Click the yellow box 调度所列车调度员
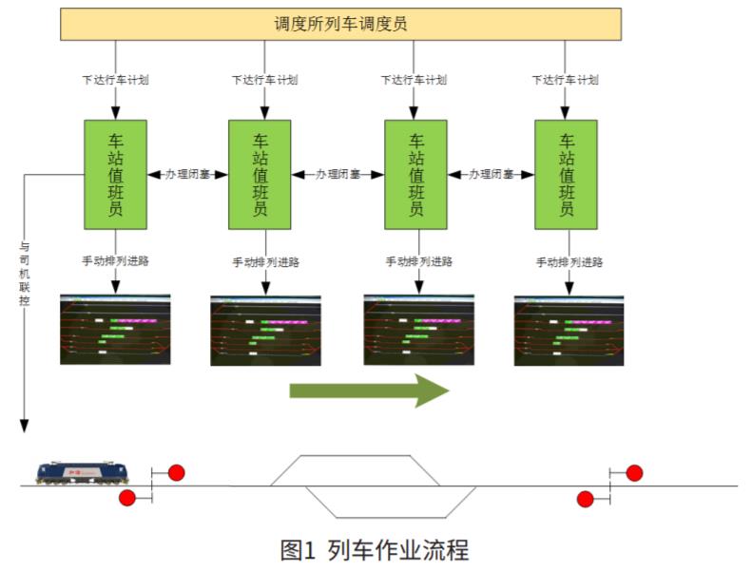(340, 24)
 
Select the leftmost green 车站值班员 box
(116, 174)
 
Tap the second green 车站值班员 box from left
(260, 174)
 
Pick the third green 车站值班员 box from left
(415, 174)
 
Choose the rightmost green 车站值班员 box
(566, 174)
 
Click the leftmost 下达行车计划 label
(116, 80)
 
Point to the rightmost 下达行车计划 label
(566, 80)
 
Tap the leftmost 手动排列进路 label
(116, 261)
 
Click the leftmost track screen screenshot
(116, 329)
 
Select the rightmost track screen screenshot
(569, 329)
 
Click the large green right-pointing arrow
(369, 390)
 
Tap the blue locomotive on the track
(83, 472)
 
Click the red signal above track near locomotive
(176, 472)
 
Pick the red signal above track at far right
(634, 472)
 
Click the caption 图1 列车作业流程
(375, 548)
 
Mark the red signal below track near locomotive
(127, 498)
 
